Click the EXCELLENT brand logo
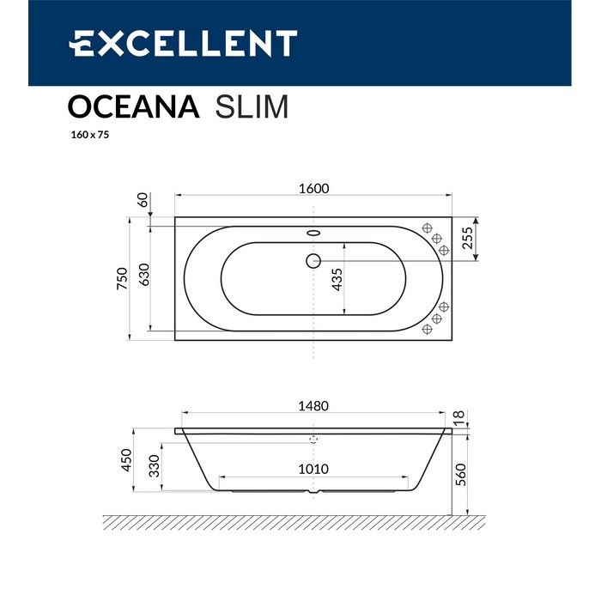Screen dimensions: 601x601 (183, 43)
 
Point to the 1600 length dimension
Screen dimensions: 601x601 (314, 189)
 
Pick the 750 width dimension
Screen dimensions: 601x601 (122, 277)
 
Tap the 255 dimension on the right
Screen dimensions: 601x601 (468, 238)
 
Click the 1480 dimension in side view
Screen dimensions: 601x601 (314, 406)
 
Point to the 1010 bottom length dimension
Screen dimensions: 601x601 (314, 470)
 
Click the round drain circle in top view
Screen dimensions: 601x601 (313, 260)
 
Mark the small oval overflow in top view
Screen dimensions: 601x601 (313, 233)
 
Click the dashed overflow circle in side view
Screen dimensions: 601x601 (313, 438)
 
